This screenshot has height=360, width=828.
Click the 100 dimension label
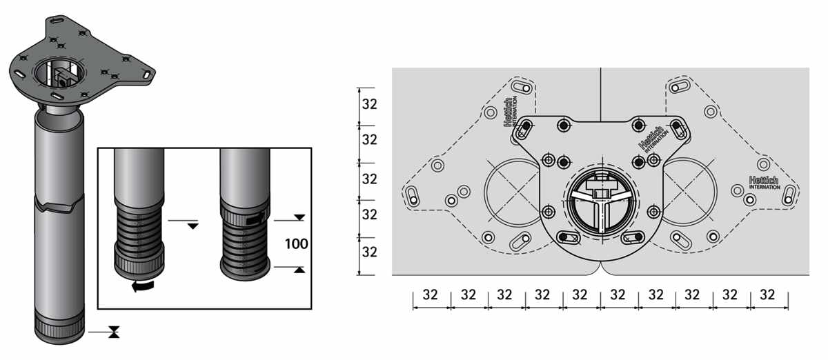[x=296, y=244]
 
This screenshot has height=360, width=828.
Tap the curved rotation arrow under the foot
[x=143, y=286]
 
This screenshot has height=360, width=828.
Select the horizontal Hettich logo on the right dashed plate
[x=764, y=183]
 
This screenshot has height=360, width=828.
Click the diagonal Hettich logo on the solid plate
[x=653, y=139]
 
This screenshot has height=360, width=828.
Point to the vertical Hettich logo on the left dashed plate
[x=511, y=112]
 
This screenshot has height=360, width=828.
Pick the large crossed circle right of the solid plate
[x=689, y=192]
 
